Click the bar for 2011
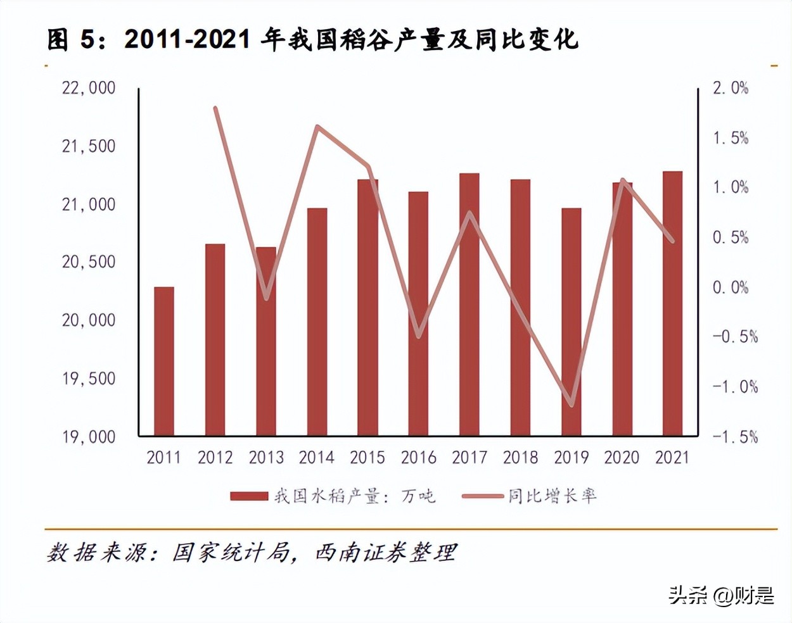click(164, 361)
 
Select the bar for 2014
click(317, 322)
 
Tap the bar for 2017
click(469, 304)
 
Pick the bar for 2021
click(672, 303)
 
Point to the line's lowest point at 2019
click(572, 405)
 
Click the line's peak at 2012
click(215, 108)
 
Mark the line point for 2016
click(419, 336)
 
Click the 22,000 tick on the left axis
click(89, 87)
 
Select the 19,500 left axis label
click(89, 378)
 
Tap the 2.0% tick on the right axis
click(731, 87)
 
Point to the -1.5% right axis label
click(735, 436)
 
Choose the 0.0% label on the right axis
click(731, 287)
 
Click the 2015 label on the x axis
click(367, 457)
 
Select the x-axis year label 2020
click(622, 457)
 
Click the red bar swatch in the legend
click(249, 496)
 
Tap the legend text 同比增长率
click(552, 496)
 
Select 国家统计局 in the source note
click(231, 553)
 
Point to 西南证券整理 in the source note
click(386, 553)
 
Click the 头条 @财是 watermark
click(721, 595)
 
